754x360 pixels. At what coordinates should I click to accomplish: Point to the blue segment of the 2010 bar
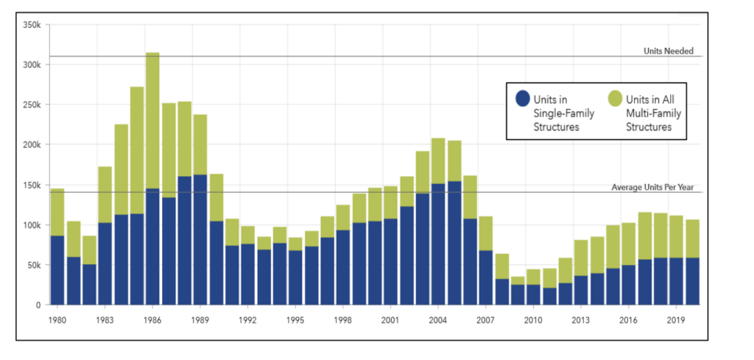533,294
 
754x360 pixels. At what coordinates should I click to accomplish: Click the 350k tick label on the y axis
32,25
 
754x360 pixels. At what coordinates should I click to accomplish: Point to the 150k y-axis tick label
32,185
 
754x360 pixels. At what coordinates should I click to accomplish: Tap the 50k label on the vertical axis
35,264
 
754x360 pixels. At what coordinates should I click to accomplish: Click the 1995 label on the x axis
295,320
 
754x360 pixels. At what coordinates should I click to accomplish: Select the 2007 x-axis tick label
485,320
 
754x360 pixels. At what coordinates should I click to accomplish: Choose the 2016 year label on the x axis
628,320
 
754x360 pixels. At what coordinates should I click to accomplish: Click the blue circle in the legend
523,99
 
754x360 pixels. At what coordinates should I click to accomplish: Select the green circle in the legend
614,99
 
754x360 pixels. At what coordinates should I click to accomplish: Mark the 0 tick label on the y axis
38,305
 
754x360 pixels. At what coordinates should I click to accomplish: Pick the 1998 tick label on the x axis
343,320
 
